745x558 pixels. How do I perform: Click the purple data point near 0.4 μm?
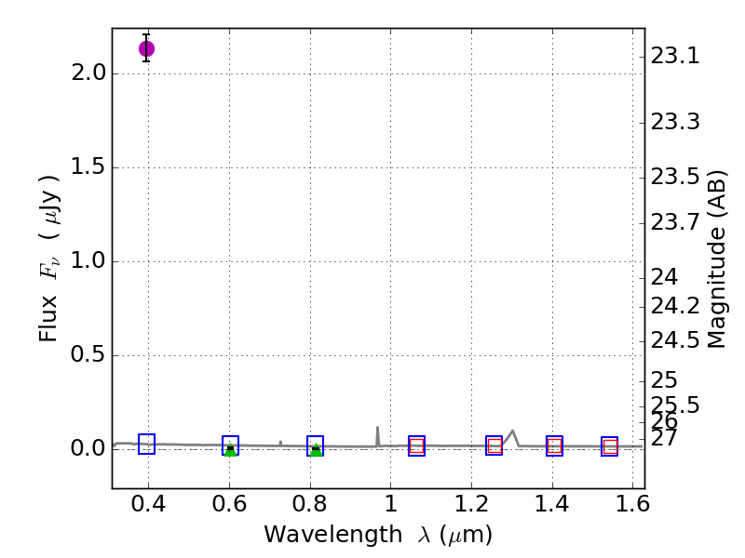point(146,48)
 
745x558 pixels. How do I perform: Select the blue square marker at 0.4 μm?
point(146,444)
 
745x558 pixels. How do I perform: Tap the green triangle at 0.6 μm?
point(230,451)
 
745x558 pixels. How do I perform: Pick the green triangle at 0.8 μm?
point(316,451)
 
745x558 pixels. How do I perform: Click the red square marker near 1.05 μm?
point(416,446)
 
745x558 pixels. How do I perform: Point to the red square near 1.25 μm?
point(494,446)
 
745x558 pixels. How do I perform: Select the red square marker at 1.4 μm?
point(554,446)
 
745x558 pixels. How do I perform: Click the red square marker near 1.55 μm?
point(610,447)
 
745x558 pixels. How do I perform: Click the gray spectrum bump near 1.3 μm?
point(513,432)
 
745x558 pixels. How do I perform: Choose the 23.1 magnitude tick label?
point(675,57)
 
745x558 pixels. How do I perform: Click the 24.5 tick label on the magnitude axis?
point(675,339)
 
